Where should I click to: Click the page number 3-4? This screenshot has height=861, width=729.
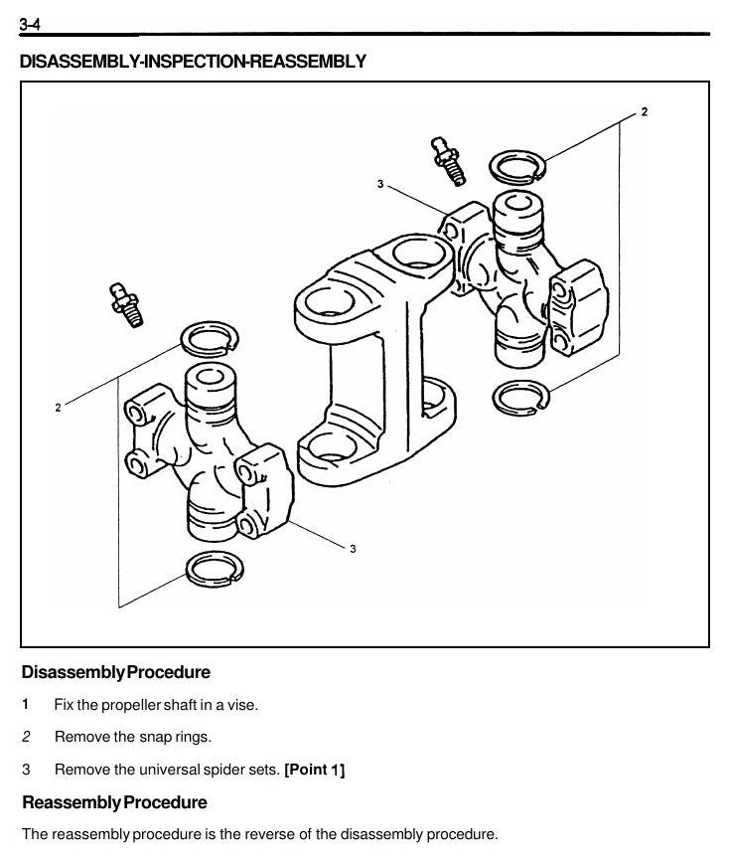click(x=30, y=25)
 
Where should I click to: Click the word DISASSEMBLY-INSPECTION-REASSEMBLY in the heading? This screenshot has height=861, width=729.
click(x=193, y=61)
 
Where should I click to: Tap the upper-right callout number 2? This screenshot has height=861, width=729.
click(x=644, y=111)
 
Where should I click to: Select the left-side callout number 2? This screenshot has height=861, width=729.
click(x=58, y=408)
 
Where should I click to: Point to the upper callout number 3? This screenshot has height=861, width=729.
click(x=380, y=184)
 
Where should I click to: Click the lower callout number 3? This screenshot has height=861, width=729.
click(x=353, y=549)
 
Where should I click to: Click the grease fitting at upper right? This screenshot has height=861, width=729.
click(x=449, y=161)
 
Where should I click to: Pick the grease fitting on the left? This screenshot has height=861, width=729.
click(x=127, y=305)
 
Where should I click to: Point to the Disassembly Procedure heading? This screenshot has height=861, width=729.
click(x=116, y=672)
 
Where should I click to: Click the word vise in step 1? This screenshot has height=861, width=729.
click(x=241, y=705)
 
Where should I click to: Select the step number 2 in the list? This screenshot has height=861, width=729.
click(x=26, y=737)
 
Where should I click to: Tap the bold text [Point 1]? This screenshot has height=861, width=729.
click(x=314, y=770)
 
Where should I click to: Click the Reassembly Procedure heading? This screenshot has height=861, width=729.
click(x=114, y=802)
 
